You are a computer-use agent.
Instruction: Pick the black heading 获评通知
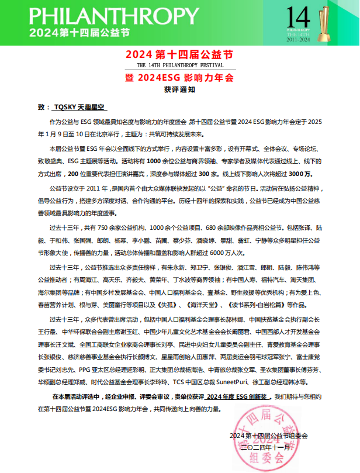(179, 91)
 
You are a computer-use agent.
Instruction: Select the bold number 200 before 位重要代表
(74, 174)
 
